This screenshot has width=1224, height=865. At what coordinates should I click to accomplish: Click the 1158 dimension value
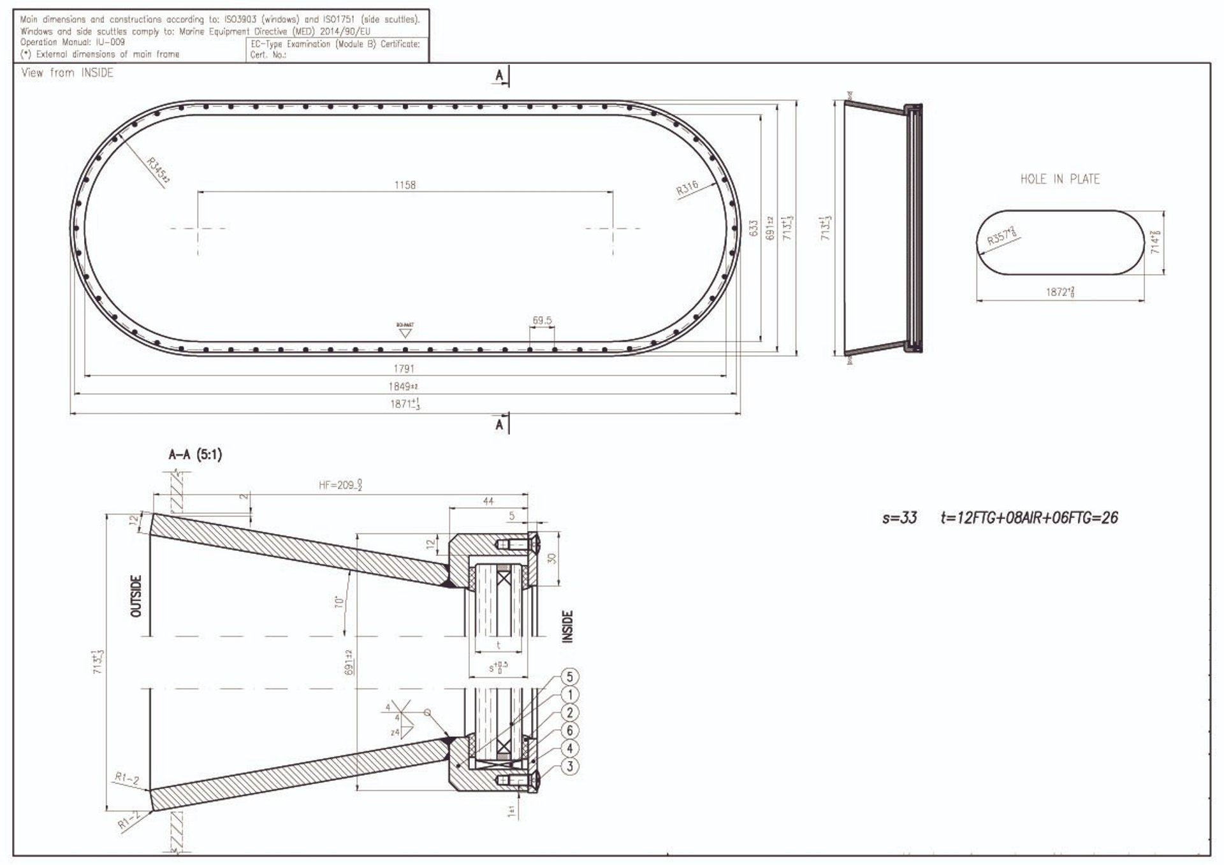405,185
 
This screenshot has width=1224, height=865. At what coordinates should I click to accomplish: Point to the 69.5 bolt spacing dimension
542,320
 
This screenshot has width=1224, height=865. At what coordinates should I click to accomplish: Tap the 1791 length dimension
404,368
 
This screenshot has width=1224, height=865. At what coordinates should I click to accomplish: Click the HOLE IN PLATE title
1060,179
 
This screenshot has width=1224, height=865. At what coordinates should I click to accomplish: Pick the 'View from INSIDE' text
67,73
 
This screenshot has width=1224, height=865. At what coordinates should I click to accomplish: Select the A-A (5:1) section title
195,454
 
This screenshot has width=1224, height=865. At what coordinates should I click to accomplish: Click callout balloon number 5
570,677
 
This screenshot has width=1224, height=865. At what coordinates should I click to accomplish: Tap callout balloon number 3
570,766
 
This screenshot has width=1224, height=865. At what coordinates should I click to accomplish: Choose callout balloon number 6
570,731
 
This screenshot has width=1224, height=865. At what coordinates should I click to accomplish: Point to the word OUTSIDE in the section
136,596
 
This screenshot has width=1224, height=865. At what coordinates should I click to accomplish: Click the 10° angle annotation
339,601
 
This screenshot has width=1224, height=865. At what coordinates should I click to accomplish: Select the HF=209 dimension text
340,486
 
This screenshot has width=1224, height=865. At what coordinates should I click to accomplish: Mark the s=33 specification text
900,518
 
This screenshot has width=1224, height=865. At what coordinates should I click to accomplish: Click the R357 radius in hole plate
1001,236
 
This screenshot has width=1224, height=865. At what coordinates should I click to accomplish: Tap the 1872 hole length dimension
1060,293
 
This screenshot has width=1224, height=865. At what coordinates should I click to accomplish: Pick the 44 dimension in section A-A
488,501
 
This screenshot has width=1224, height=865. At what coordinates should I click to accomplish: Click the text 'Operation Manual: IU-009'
73,42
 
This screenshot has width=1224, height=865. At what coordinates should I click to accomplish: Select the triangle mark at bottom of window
405,333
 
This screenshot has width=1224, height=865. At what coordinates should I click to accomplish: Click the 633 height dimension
754,229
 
